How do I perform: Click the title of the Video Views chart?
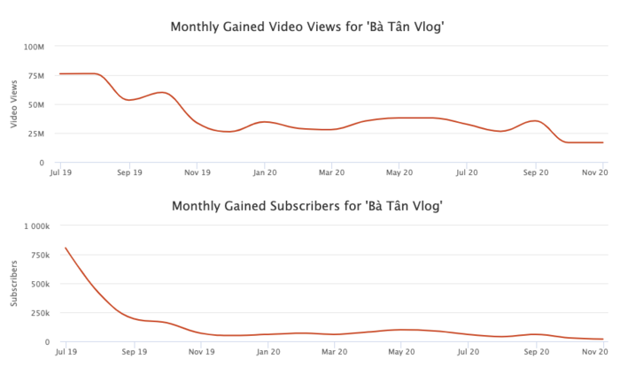click(x=307, y=27)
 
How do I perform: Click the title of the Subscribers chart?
click(x=307, y=206)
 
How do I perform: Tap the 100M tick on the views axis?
click(x=35, y=46)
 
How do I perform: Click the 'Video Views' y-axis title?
click(x=12, y=103)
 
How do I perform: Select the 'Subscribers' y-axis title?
click(x=12, y=283)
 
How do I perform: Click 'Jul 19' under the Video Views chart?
click(x=60, y=173)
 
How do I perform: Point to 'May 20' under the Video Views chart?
click(x=400, y=173)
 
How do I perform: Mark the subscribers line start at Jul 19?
click(x=66, y=248)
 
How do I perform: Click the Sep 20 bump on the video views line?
click(x=532, y=121)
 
